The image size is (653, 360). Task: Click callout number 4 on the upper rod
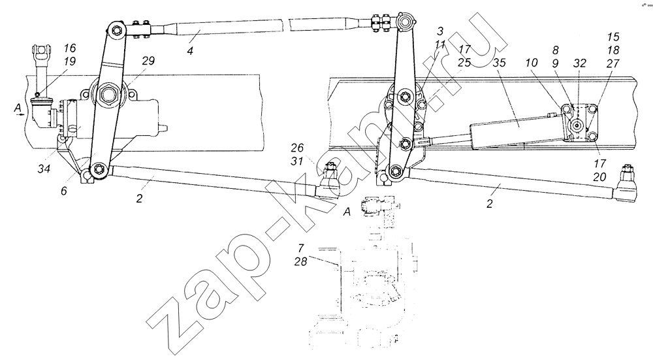tap(190, 52)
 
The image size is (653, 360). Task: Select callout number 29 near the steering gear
tap(148, 61)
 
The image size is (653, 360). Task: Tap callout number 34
tap(44, 169)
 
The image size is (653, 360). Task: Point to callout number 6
tap(63, 191)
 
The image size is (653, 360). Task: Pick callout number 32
tap(579, 63)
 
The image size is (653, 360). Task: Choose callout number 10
tap(532, 63)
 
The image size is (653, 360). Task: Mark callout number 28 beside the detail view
tap(300, 261)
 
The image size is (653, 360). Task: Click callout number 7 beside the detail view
tap(300, 249)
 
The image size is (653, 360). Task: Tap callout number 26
tap(297, 148)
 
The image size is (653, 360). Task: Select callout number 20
tap(599, 177)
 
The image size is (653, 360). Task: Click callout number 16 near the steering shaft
tap(70, 48)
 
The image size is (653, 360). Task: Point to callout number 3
tap(440, 31)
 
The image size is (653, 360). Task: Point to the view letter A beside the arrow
tap(18, 108)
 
